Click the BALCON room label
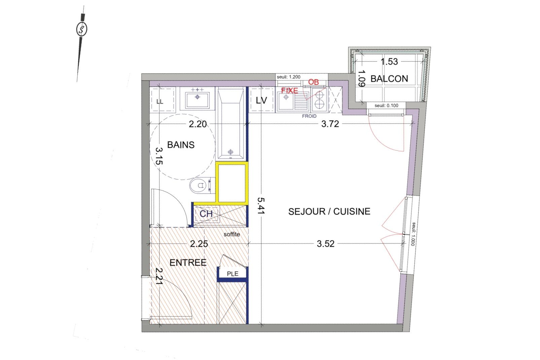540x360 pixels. [389, 79]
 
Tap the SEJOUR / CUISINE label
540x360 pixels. [329, 212]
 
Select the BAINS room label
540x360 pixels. [181, 145]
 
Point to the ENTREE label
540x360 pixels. [188, 262]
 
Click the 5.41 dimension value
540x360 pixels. [261, 206]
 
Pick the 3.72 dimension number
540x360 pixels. [330, 124]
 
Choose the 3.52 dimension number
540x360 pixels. [325, 244]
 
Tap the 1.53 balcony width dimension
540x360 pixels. [389, 62]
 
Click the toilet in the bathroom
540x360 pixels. [200, 185]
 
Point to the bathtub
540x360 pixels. [231, 123]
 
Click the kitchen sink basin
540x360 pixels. [286, 101]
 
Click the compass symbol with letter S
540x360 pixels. [82, 29]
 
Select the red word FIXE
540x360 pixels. [290, 91]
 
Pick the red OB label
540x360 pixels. [313, 82]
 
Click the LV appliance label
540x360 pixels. [261, 100]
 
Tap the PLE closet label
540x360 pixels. [232, 274]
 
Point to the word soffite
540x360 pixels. [232, 235]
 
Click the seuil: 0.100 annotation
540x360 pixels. [387, 106]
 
